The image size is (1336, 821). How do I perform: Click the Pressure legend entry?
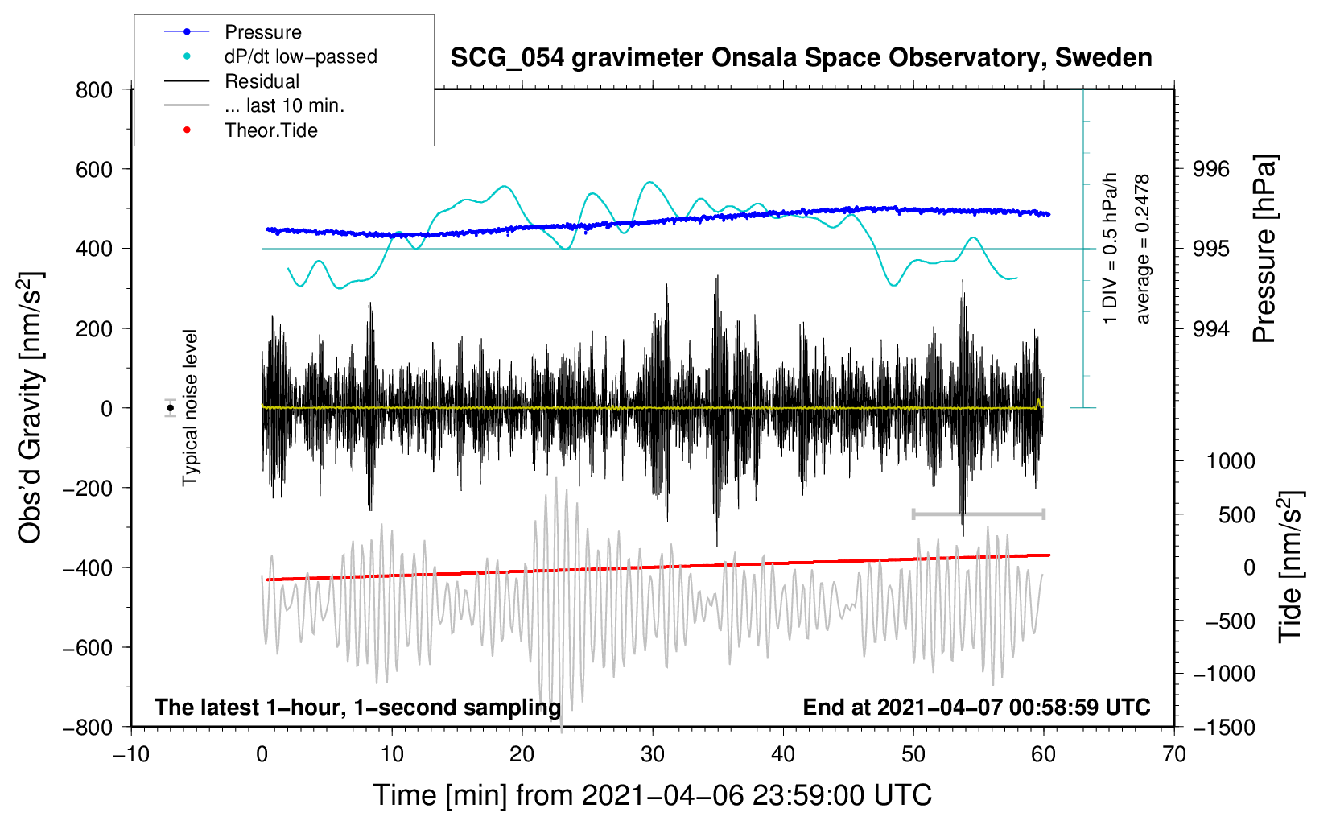pyautogui.click(x=233, y=31)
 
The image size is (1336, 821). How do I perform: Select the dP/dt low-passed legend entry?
pyautogui.click(x=270, y=56)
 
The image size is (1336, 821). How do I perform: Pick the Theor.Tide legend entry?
pyautogui.click(x=241, y=130)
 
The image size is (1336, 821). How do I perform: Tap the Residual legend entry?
pyautogui.click(x=232, y=80)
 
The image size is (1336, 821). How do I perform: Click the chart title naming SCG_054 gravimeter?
pyautogui.click(x=801, y=58)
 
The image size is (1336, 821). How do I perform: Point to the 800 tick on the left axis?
pyautogui.click(x=94, y=90)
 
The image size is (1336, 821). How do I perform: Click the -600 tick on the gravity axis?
pyautogui.click(x=88, y=647)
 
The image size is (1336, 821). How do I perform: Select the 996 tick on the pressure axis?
pyautogui.click(x=1210, y=170)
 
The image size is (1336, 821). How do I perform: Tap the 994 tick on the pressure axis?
pyautogui.click(x=1210, y=328)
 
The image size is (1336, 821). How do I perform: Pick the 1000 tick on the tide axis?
pyautogui.click(x=1231, y=461)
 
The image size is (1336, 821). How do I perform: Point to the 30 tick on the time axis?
pyautogui.click(x=653, y=754)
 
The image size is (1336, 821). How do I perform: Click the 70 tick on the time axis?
pyautogui.click(x=1173, y=754)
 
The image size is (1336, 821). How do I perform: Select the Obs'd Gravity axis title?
pyautogui.click(x=30, y=407)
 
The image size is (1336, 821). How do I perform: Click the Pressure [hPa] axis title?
pyautogui.click(x=1264, y=249)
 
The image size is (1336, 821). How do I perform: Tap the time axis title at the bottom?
pyautogui.click(x=653, y=795)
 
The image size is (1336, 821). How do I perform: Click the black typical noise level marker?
pyautogui.click(x=171, y=408)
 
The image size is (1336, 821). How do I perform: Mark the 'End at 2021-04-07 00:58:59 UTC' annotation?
pyautogui.click(x=976, y=707)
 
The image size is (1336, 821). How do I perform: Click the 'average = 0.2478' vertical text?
pyautogui.click(x=1142, y=249)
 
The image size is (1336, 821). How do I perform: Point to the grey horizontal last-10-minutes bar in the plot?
pyautogui.click(x=978, y=514)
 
